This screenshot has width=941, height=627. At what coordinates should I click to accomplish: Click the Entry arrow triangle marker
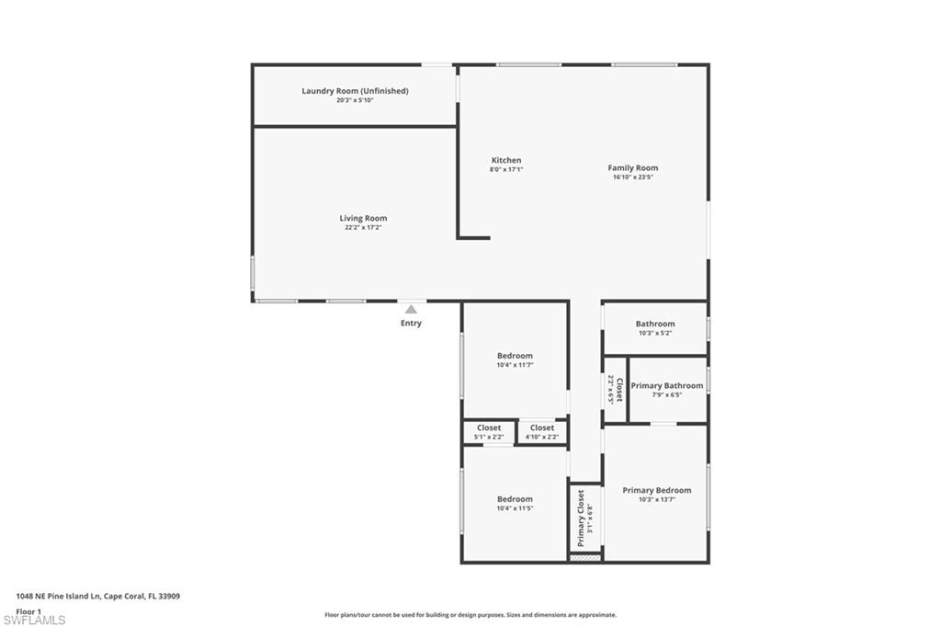coord(411,310)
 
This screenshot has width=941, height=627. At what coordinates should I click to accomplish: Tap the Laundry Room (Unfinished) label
coord(355,91)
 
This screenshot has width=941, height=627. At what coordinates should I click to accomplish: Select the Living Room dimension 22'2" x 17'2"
coord(363,228)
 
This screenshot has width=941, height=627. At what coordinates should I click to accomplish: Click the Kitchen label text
coord(506,160)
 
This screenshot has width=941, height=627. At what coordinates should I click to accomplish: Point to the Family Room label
coord(632,168)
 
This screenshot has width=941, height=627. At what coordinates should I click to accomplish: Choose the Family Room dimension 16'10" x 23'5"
coord(632,177)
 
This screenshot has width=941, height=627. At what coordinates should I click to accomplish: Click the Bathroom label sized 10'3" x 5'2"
coord(654,324)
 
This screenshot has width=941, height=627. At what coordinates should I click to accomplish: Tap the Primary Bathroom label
coord(666,386)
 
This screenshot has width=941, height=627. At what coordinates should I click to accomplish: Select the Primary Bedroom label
coord(656,491)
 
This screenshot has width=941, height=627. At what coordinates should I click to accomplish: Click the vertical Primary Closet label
coord(581,519)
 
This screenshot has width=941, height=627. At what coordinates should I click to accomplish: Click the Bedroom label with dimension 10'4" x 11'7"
coord(515,356)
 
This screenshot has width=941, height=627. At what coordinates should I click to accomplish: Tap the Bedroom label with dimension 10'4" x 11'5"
coord(515,499)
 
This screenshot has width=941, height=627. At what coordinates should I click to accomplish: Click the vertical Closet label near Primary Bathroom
coord(619,390)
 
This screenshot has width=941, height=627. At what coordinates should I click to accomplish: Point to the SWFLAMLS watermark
coord(34,621)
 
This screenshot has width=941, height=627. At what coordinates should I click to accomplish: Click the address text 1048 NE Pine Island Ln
coord(97,596)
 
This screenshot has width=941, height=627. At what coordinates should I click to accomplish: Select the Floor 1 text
coord(28,610)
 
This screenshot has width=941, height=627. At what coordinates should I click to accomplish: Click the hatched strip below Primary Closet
coord(584,557)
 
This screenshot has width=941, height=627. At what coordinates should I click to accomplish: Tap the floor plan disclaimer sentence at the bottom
coord(470,615)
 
